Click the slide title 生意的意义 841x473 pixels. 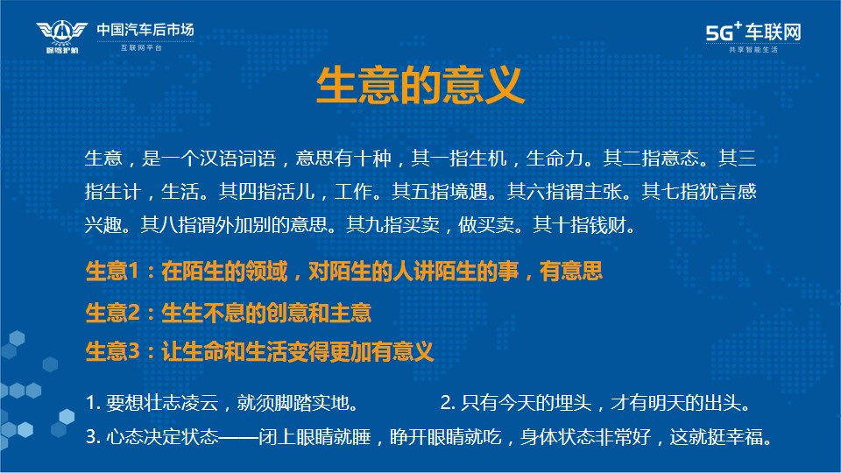420,85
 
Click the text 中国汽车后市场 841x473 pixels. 145,30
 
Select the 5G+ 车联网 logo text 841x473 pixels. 753,32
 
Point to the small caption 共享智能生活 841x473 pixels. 753,49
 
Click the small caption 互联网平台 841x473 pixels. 141,47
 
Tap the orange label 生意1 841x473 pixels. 112,272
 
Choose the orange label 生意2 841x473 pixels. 113,313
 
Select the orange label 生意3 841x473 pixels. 113,352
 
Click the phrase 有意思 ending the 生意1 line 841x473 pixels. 570,272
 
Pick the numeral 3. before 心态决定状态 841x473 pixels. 94,437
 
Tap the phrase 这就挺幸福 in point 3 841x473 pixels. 716,437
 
